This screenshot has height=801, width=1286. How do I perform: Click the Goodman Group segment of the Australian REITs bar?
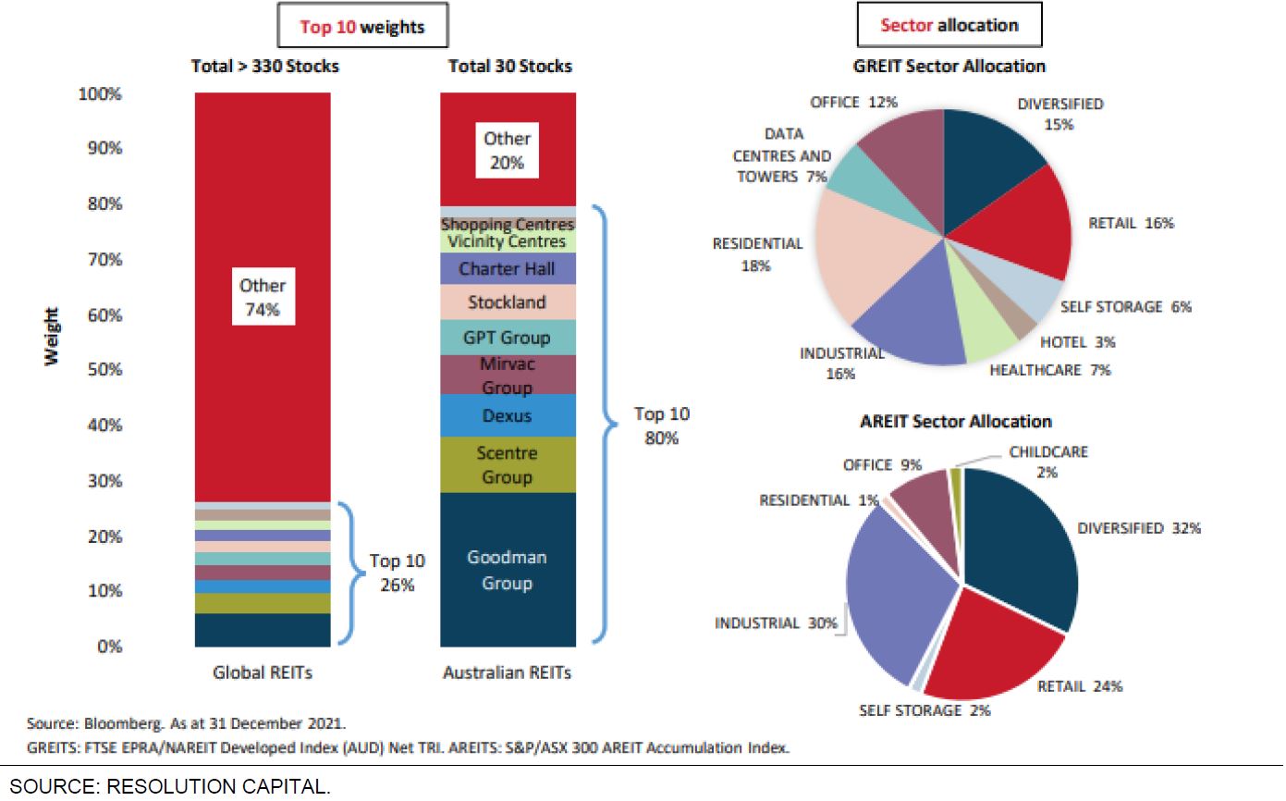coord(507,570)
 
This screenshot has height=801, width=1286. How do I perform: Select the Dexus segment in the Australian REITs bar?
coord(507,415)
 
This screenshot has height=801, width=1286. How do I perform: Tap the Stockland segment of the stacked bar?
coord(507,302)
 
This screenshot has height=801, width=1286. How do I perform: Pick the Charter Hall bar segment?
coord(507,269)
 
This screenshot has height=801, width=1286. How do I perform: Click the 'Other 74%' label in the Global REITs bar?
coord(263,298)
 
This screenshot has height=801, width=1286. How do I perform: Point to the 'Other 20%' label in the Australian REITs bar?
coord(507,150)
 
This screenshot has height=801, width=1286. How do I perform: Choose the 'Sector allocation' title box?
coord(949,25)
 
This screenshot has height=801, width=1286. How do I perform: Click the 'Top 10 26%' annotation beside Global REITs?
coord(398,573)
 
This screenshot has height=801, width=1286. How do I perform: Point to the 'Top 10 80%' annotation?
coord(662,425)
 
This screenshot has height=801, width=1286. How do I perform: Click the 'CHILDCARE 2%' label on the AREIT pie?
coord(1047,462)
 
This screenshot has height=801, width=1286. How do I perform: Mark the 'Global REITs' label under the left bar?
coord(263,672)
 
